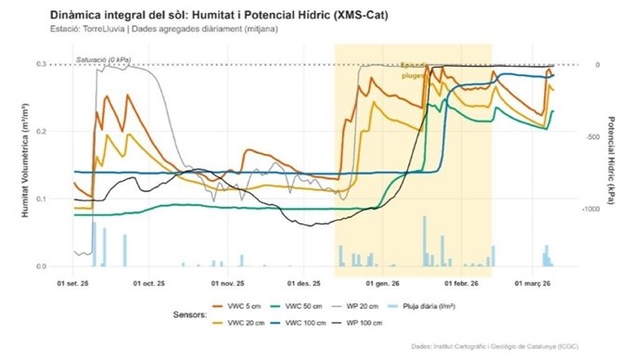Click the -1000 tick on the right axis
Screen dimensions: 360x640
tap(592, 210)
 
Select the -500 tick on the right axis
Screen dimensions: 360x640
tap(590, 136)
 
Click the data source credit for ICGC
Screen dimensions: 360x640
tap(531, 346)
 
